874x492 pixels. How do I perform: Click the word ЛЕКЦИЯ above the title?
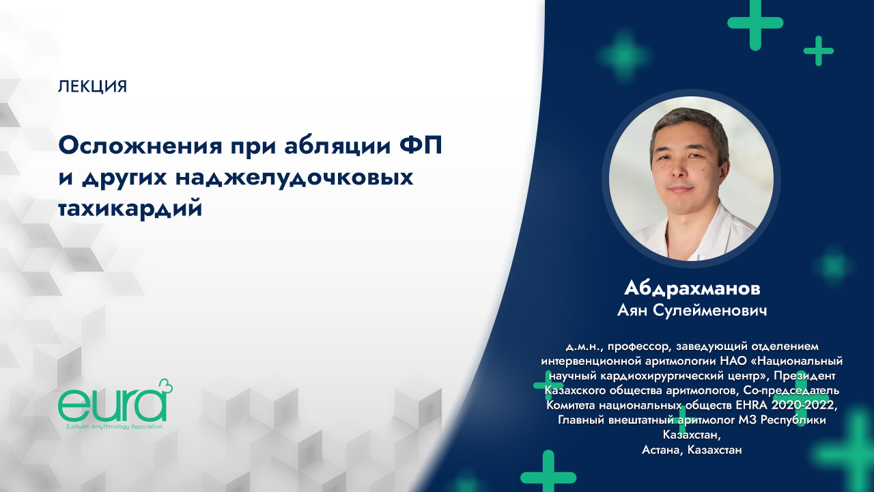click(x=93, y=87)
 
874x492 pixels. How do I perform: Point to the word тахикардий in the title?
click(x=130, y=208)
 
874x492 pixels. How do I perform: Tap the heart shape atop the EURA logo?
click(x=165, y=387)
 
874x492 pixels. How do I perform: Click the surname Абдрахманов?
click(x=692, y=287)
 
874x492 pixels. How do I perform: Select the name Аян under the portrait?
click(x=635, y=310)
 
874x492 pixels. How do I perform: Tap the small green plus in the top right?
click(x=818, y=51)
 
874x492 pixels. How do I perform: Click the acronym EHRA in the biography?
click(x=746, y=405)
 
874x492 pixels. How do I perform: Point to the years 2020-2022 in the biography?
click(x=800, y=405)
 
